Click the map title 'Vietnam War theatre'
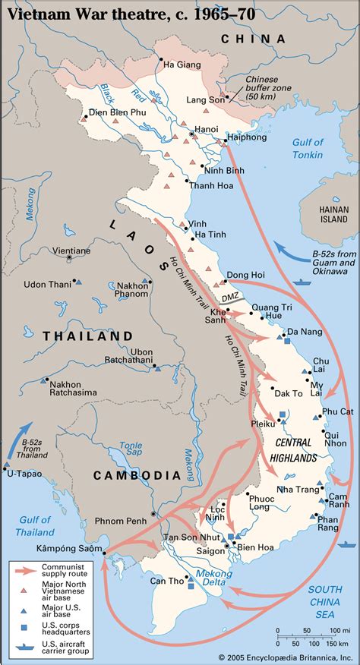114,14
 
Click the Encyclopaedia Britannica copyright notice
287,657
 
